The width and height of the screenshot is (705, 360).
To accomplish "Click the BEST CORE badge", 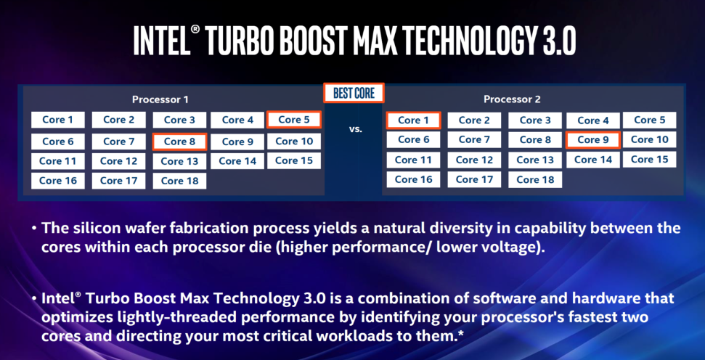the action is [354, 93].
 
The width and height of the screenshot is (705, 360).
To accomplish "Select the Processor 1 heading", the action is [160, 99].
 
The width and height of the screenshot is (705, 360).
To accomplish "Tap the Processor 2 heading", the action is [512, 99].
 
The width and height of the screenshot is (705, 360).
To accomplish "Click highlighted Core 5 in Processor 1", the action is [294, 120].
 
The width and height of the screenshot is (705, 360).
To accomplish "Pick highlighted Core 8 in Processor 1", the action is [179, 142].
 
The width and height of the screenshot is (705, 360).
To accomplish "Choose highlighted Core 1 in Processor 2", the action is [414, 120].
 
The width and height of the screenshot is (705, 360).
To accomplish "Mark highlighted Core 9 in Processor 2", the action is [593, 140].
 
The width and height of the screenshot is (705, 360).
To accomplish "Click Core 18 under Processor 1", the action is [179, 181].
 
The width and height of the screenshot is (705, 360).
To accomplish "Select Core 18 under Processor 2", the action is [535, 180].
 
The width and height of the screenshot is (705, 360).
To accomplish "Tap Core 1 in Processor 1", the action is [58, 120].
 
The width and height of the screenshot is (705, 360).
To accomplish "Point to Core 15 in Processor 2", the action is [650, 159].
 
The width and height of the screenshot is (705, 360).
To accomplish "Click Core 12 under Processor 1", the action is [118, 161].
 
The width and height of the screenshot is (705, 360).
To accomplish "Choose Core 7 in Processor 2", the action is [474, 139].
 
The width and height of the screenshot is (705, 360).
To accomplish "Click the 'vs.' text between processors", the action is [355, 130].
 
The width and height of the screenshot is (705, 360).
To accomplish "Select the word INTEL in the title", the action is [162, 41].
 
